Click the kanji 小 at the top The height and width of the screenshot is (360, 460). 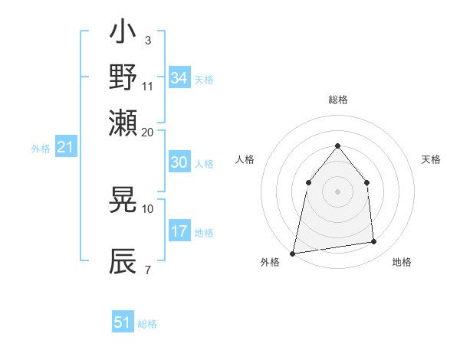coord(123,34)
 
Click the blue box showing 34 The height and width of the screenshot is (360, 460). coord(179,78)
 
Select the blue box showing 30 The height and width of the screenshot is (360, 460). coord(179,162)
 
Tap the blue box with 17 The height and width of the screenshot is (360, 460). coord(179,231)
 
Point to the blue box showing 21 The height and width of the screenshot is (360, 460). coord(65,147)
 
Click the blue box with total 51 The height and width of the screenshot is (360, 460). coord(123,322)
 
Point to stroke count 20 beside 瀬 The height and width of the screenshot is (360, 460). coord(148,131)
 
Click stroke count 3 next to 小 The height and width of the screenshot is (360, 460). coord(147,39)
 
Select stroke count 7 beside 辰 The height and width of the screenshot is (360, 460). coord(147,270)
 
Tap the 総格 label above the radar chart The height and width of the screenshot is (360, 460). coord(338,100)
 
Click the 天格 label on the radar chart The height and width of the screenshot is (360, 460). coord(432,159)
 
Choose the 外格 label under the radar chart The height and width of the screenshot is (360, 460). coord(271,262)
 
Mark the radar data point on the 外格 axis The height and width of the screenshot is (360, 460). coord(293,253)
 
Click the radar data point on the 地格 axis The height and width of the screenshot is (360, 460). coord(374,242)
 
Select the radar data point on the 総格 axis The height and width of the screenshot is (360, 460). coord(338,146)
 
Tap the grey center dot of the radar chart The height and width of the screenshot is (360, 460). coord(338,191)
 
